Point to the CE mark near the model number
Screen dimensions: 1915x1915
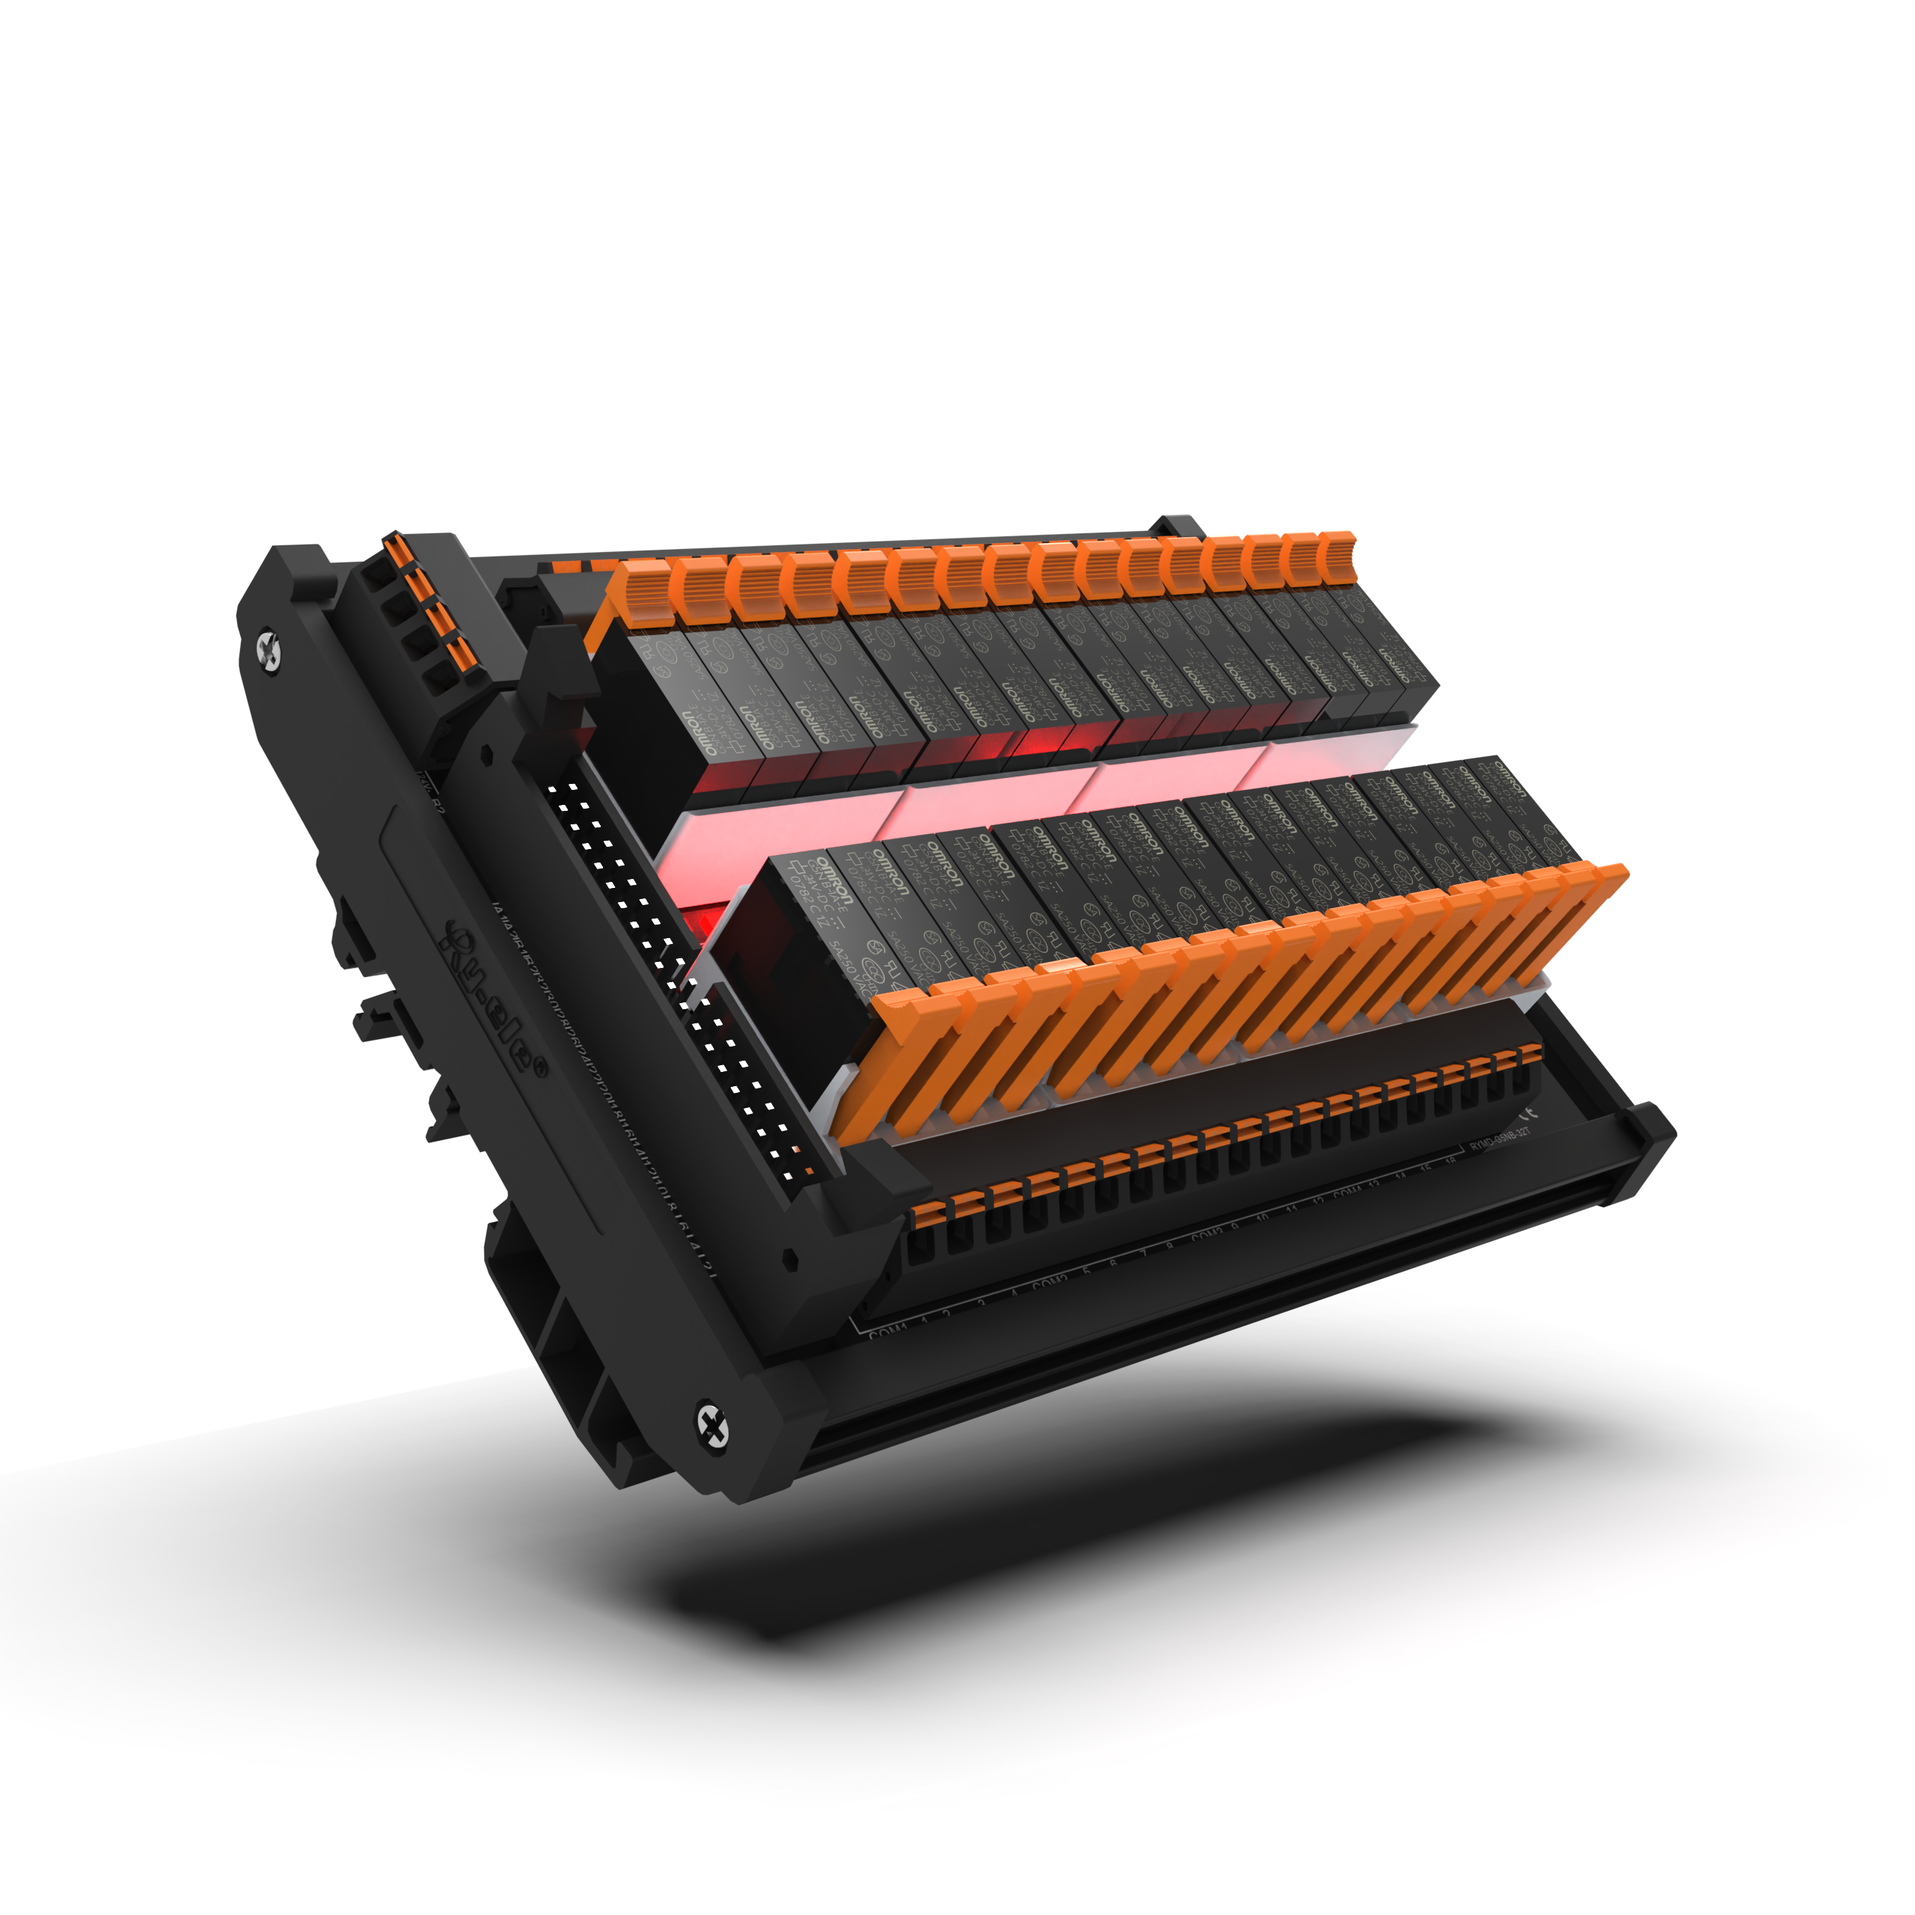tap(1525, 1110)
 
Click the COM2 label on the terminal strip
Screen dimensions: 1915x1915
tap(1049, 1284)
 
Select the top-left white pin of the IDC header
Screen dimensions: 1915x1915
tap(551, 789)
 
